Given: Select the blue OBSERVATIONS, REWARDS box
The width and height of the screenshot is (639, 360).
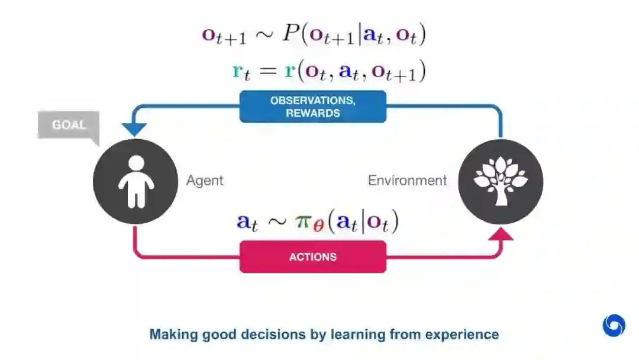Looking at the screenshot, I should (312, 107).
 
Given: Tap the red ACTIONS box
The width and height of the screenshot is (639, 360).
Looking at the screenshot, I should (312, 257).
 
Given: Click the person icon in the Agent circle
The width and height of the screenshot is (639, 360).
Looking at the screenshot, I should (135, 181).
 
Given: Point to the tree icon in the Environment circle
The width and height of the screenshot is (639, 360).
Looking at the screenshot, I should (501, 180).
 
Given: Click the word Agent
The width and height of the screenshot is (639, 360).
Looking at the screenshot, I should (205, 180).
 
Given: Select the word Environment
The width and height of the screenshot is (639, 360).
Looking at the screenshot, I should (407, 180).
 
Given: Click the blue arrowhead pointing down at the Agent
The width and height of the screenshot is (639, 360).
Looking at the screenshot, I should (135, 128).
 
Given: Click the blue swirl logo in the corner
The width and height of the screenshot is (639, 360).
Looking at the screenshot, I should (614, 325).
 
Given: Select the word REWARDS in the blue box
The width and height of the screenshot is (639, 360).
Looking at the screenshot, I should (312, 113).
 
